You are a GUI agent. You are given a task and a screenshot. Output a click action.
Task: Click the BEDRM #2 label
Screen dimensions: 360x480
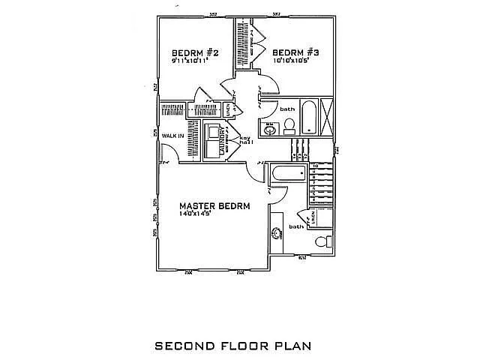click(x=195, y=53)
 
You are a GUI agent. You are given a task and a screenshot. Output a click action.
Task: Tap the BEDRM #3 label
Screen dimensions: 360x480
click(x=296, y=53)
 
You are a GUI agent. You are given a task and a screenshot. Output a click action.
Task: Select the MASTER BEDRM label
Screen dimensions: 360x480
click(x=214, y=205)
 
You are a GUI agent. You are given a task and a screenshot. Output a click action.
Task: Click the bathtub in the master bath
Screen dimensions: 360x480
click(x=288, y=175)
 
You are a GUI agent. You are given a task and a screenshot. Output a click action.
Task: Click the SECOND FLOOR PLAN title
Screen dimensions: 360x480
click(x=232, y=346)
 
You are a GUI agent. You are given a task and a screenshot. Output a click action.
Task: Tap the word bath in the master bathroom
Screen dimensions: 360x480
click(x=297, y=226)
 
